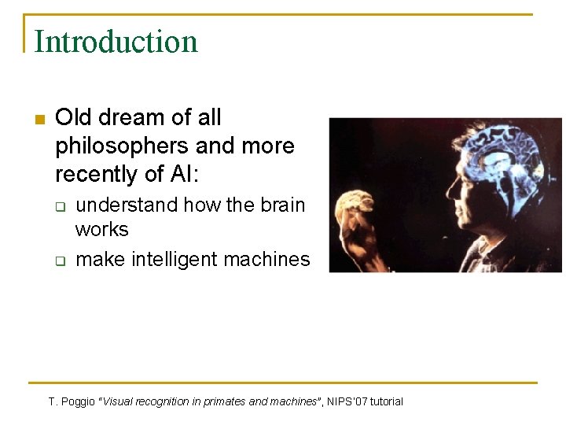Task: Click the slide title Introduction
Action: click(116, 41)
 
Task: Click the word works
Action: click(101, 229)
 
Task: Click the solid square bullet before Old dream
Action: click(40, 120)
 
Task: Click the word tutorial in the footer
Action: click(385, 401)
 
